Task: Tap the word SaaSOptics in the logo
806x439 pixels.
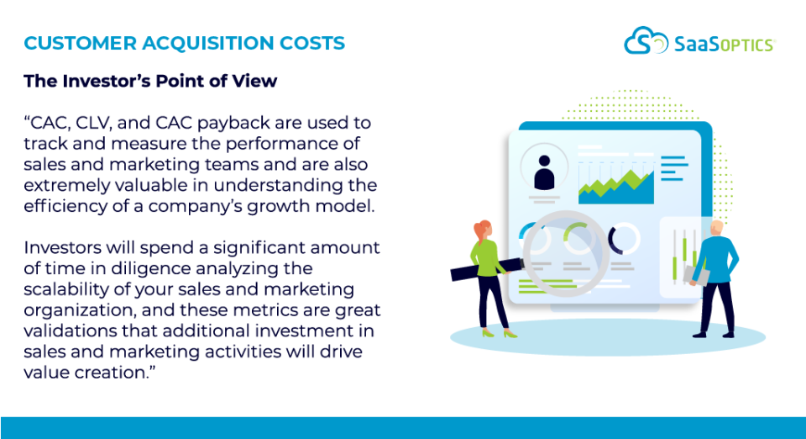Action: click(724, 43)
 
